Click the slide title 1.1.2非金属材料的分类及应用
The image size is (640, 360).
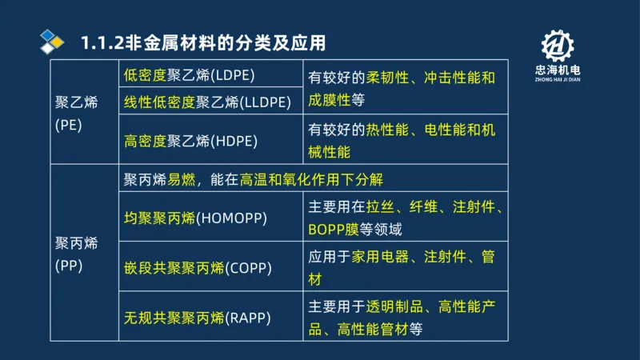point(204,42)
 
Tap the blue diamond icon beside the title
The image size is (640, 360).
point(52,41)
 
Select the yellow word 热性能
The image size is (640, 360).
point(388,130)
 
